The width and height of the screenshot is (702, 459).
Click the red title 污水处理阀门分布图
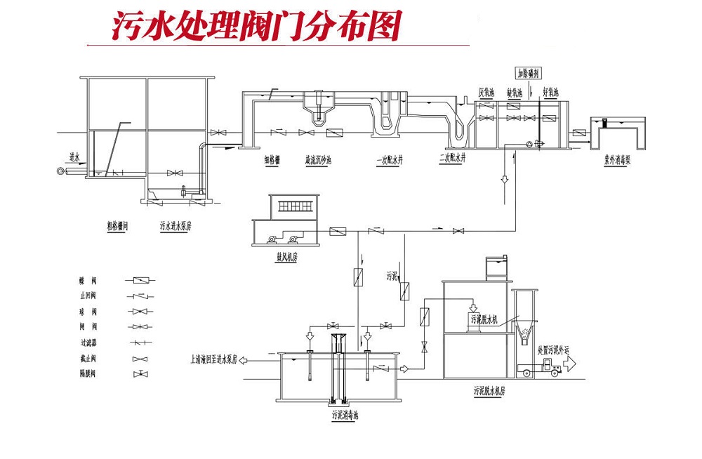[257, 26]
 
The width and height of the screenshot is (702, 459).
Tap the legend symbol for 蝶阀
[144, 279]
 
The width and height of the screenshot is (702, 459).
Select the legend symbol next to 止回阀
[144, 295]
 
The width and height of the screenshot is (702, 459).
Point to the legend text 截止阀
[88, 359]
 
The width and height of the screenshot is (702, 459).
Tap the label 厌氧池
[487, 92]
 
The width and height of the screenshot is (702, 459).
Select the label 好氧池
[551, 92]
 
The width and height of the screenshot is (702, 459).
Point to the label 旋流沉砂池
[318, 159]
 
